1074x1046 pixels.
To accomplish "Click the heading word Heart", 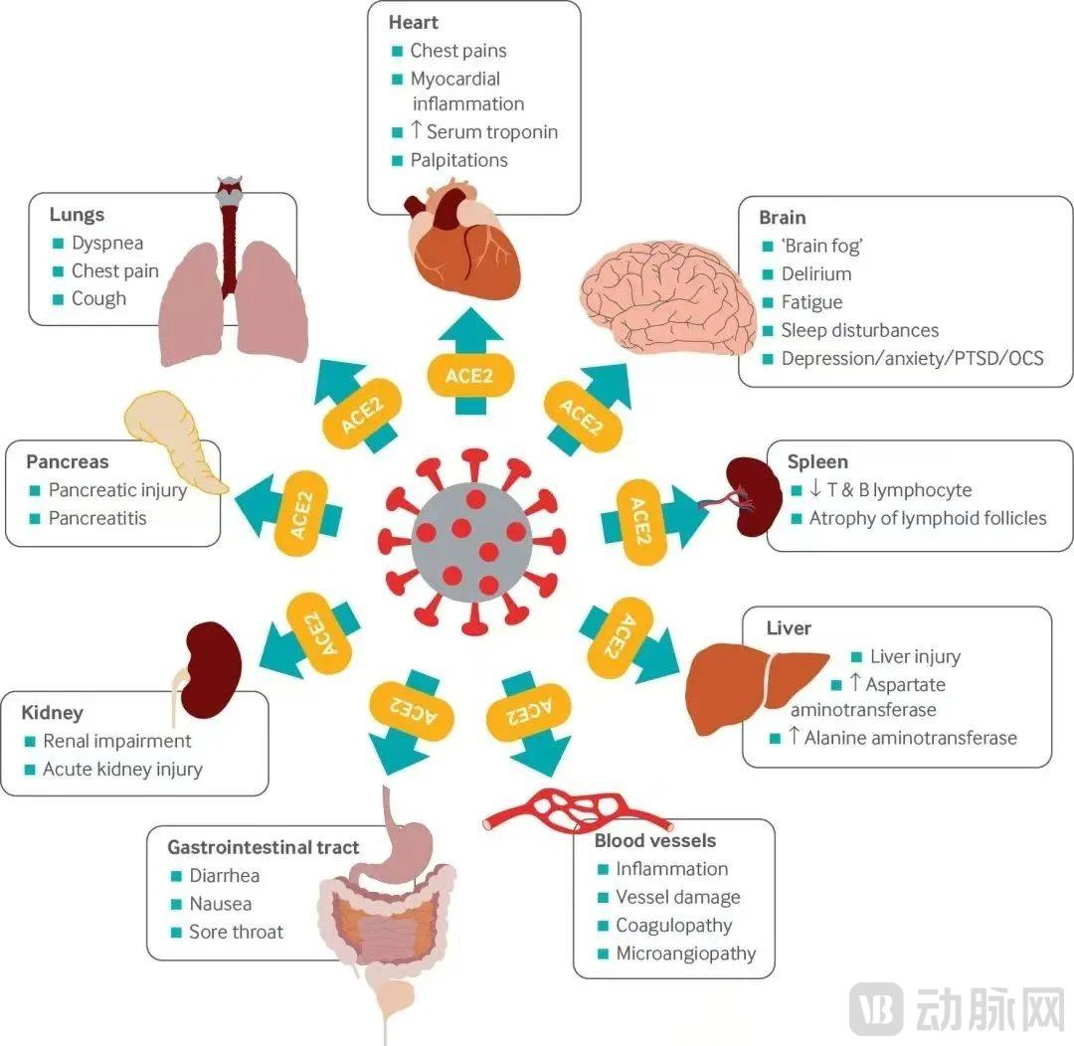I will (x=415, y=22).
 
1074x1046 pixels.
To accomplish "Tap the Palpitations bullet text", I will (x=458, y=160).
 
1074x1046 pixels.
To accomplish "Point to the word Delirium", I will (x=815, y=273).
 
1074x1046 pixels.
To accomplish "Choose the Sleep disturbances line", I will (x=859, y=330).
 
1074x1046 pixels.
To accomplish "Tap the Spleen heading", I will (x=817, y=461).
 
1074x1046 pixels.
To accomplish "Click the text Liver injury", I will (x=915, y=656).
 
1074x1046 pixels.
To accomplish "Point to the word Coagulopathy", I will (x=673, y=925).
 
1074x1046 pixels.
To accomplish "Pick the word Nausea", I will (x=220, y=904).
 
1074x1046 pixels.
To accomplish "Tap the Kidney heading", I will (x=52, y=713).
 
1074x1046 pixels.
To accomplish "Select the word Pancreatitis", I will (x=97, y=518).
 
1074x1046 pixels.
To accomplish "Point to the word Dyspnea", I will (x=107, y=243).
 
